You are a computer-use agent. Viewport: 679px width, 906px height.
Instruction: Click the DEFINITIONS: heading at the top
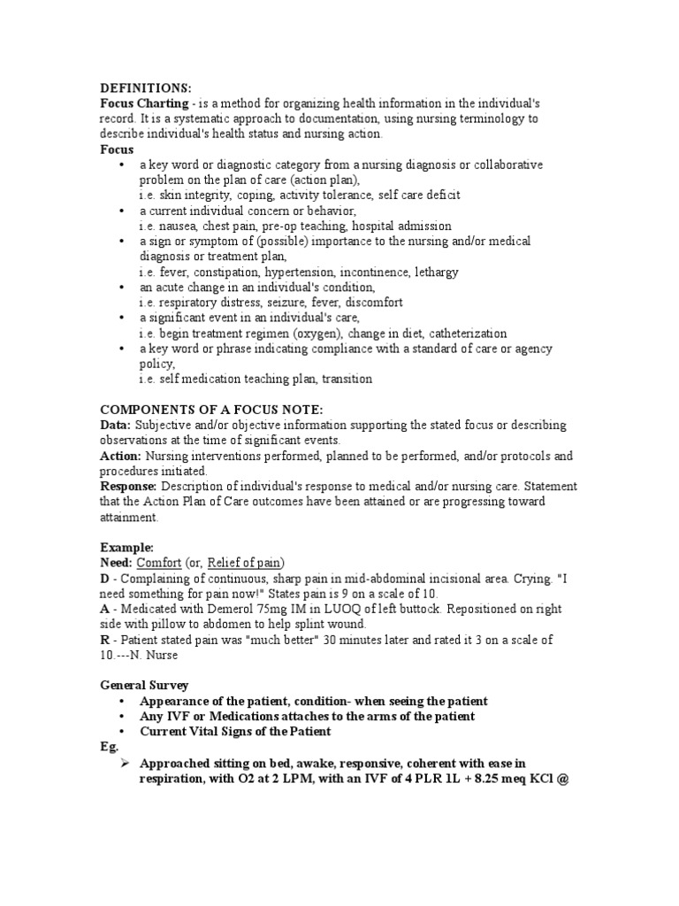145,88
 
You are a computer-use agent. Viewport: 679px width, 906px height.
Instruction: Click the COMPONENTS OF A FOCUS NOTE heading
211,410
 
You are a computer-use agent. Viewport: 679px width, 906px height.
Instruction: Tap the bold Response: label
128,487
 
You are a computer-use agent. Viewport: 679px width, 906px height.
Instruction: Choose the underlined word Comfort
159,563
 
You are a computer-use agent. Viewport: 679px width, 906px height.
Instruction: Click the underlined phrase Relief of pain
251,563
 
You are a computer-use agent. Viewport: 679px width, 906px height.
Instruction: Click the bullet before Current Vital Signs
121,732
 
